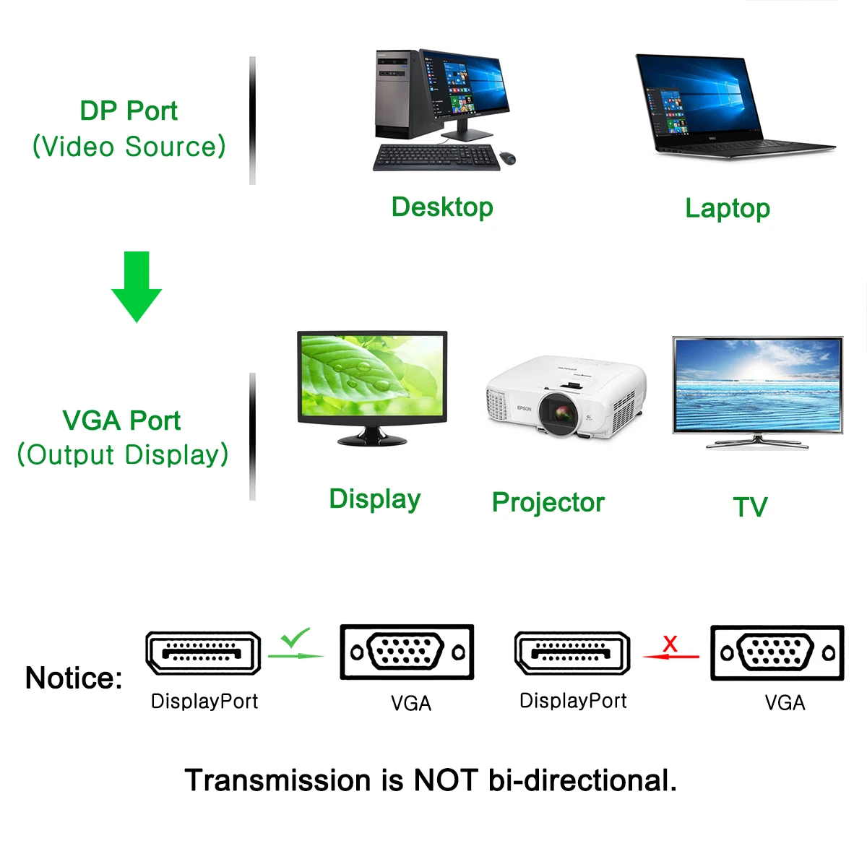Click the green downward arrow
coord(137,285)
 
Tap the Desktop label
coord(442,207)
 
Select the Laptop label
coord(728,209)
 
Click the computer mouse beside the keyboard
coord(508,158)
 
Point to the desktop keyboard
coord(436,158)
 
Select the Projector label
coord(548,502)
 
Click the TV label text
coord(750,507)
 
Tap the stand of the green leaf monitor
coord(372,436)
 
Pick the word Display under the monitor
coord(374,499)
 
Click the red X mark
coord(670,643)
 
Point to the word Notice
coord(74,678)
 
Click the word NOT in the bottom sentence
coord(445,780)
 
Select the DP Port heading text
coord(129,111)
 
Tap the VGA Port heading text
coord(121,420)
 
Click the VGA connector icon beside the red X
coord(777,653)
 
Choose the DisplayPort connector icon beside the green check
coord(203,653)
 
